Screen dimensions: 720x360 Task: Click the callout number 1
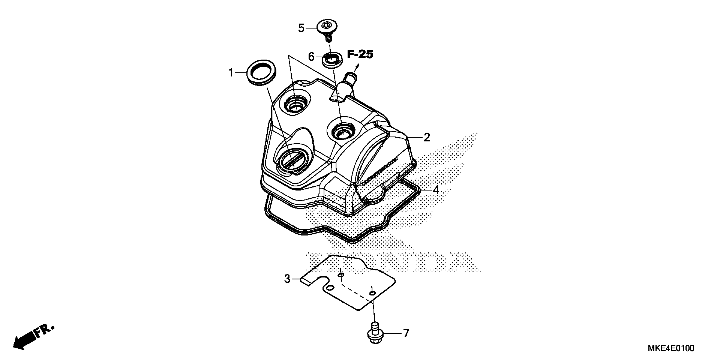[231, 73]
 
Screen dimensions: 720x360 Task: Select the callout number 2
[426, 137]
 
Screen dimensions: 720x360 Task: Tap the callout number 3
[287, 279]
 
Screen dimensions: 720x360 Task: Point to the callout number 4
[436, 190]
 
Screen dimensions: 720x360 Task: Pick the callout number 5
[301, 28]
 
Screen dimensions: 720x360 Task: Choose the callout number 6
[311, 57]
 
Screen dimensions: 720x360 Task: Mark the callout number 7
[406, 333]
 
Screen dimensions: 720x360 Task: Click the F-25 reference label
[360, 54]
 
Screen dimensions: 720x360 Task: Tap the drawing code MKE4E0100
[671, 349]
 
